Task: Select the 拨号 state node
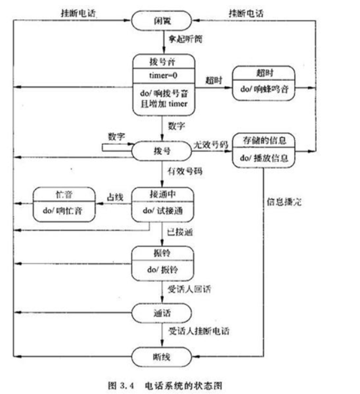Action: [x=163, y=151]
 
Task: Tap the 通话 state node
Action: [x=163, y=312]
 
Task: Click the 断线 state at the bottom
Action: [x=163, y=357]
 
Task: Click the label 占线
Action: [x=115, y=196]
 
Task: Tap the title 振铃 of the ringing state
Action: [x=163, y=252]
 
